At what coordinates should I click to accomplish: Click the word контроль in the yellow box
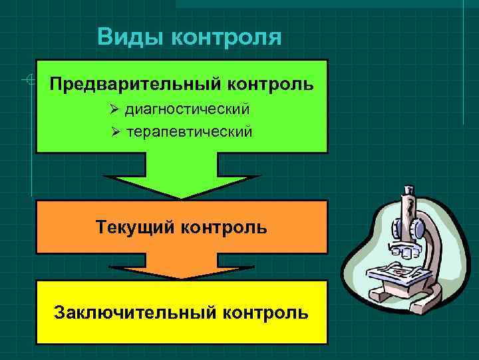click(x=266, y=311)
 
